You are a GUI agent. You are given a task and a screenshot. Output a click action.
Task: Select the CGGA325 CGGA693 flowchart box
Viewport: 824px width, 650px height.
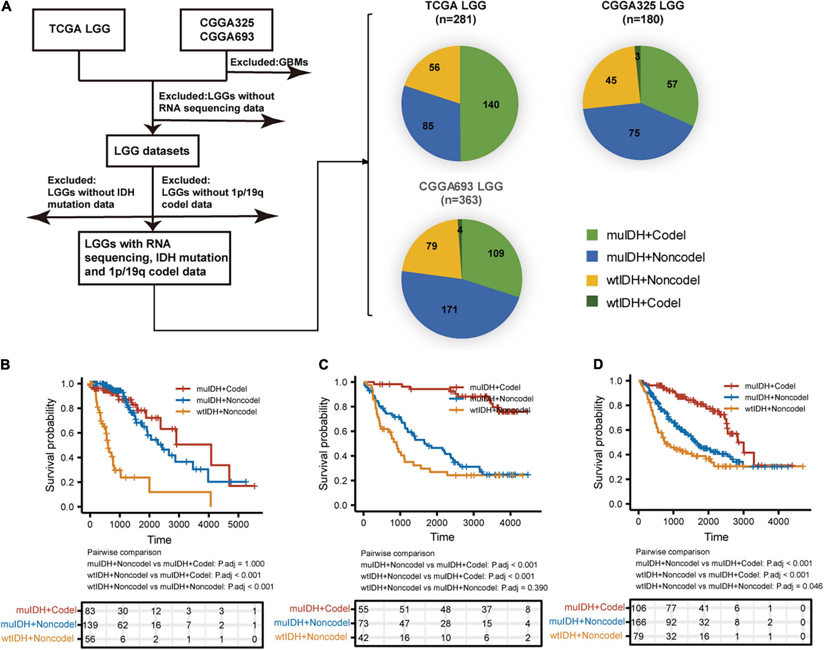pyautogui.click(x=226, y=30)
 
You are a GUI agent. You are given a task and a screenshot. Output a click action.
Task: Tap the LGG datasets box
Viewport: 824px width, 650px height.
pyautogui.click(x=152, y=151)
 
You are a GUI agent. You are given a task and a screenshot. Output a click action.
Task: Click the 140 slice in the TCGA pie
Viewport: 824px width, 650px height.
pyautogui.click(x=491, y=104)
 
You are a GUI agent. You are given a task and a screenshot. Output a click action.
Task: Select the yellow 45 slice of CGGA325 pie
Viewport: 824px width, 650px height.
pyautogui.click(x=611, y=81)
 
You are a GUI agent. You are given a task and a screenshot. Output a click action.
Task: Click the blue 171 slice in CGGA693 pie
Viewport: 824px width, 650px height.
pyautogui.click(x=449, y=309)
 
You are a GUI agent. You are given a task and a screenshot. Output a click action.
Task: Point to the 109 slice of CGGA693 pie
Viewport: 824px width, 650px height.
pyautogui.click(x=496, y=253)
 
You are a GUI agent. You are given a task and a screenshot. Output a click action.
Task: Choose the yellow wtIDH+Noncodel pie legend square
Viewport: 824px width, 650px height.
pyautogui.click(x=592, y=280)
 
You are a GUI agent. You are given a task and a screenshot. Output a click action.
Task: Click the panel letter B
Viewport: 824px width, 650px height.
pyautogui.click(x=6, y=364)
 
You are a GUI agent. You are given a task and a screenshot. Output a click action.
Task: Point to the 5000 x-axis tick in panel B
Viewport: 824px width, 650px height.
pyautogui.click(x=238, y=524)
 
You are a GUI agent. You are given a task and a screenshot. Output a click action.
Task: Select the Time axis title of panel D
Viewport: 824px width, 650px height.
pyautogui.click(x=716, y=537)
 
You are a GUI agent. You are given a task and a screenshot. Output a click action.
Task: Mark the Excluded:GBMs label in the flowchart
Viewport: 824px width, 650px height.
pyautogui.click(x=269, y=62)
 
